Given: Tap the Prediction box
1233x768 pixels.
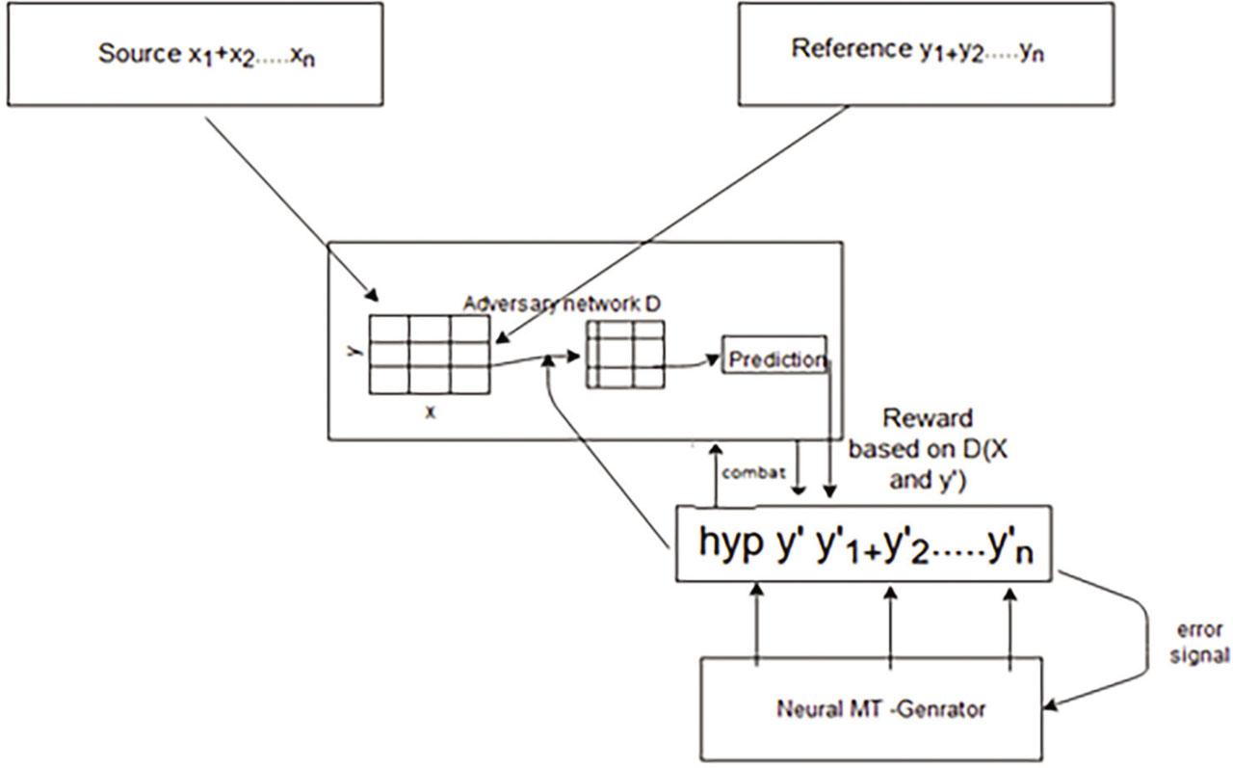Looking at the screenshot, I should coord(774,359).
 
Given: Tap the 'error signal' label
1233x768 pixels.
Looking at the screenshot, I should coord(1199,643).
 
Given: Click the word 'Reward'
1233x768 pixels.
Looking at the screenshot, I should coord(927,419).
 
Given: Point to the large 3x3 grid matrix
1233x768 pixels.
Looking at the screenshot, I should coord(429,356).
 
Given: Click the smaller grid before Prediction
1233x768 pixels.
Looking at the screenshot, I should coord(624,355).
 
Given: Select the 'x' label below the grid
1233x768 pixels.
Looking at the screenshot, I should coord(431,411).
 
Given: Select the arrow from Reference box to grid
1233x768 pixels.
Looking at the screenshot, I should coord(674,222).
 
